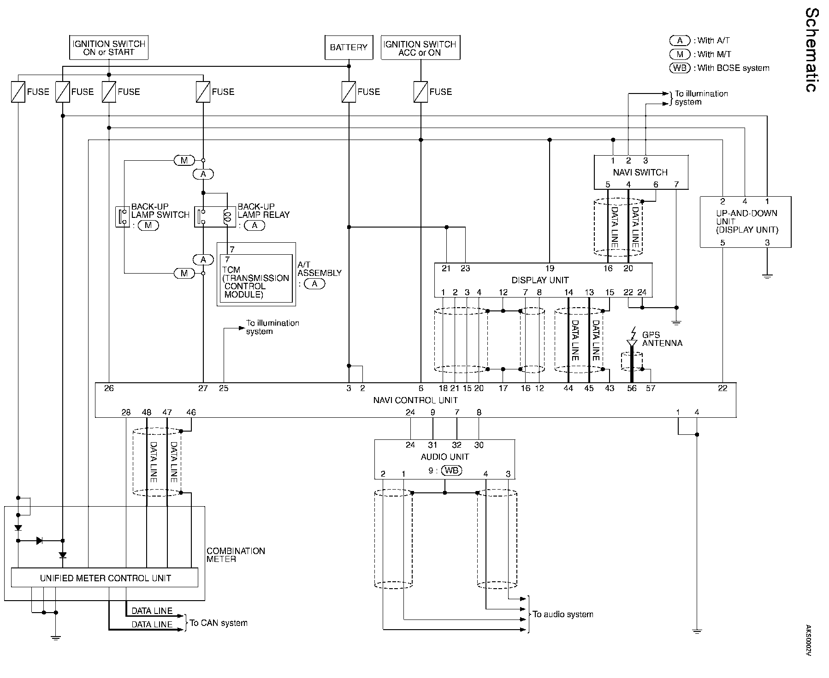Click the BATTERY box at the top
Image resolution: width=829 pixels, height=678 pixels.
(349, 47)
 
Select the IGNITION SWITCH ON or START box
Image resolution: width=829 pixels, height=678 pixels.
(109, 47)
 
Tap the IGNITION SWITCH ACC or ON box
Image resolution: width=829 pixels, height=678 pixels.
(420, 47)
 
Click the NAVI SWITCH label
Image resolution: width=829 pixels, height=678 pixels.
(640, 172)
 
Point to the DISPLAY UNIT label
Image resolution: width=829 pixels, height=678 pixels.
(540, 280)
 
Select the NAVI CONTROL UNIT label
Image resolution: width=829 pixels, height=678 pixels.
(415, 400)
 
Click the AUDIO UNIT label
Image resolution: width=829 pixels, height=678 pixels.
(444, 457)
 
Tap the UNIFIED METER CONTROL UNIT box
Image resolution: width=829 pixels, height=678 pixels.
(105, 578)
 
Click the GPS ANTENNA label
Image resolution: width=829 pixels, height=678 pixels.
(662, 339)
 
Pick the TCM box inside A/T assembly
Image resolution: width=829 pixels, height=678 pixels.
(256, 278)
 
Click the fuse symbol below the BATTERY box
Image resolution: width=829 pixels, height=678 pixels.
(349, 92)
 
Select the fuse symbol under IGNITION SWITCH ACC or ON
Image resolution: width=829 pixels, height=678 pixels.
(420, 92)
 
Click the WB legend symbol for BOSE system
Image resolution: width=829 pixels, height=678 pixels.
(680, 68)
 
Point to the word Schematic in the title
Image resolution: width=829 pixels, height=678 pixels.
(812, 56)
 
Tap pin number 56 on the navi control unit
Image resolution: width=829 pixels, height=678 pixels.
(632, 388)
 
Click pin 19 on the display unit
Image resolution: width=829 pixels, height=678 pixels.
(550, 268)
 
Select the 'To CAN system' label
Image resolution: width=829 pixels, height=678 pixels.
(219, 623)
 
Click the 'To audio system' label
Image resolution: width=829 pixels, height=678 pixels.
(563, 614)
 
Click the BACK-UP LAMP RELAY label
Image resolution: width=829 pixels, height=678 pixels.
(264, 211)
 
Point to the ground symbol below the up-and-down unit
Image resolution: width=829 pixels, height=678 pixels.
(767, 276)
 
